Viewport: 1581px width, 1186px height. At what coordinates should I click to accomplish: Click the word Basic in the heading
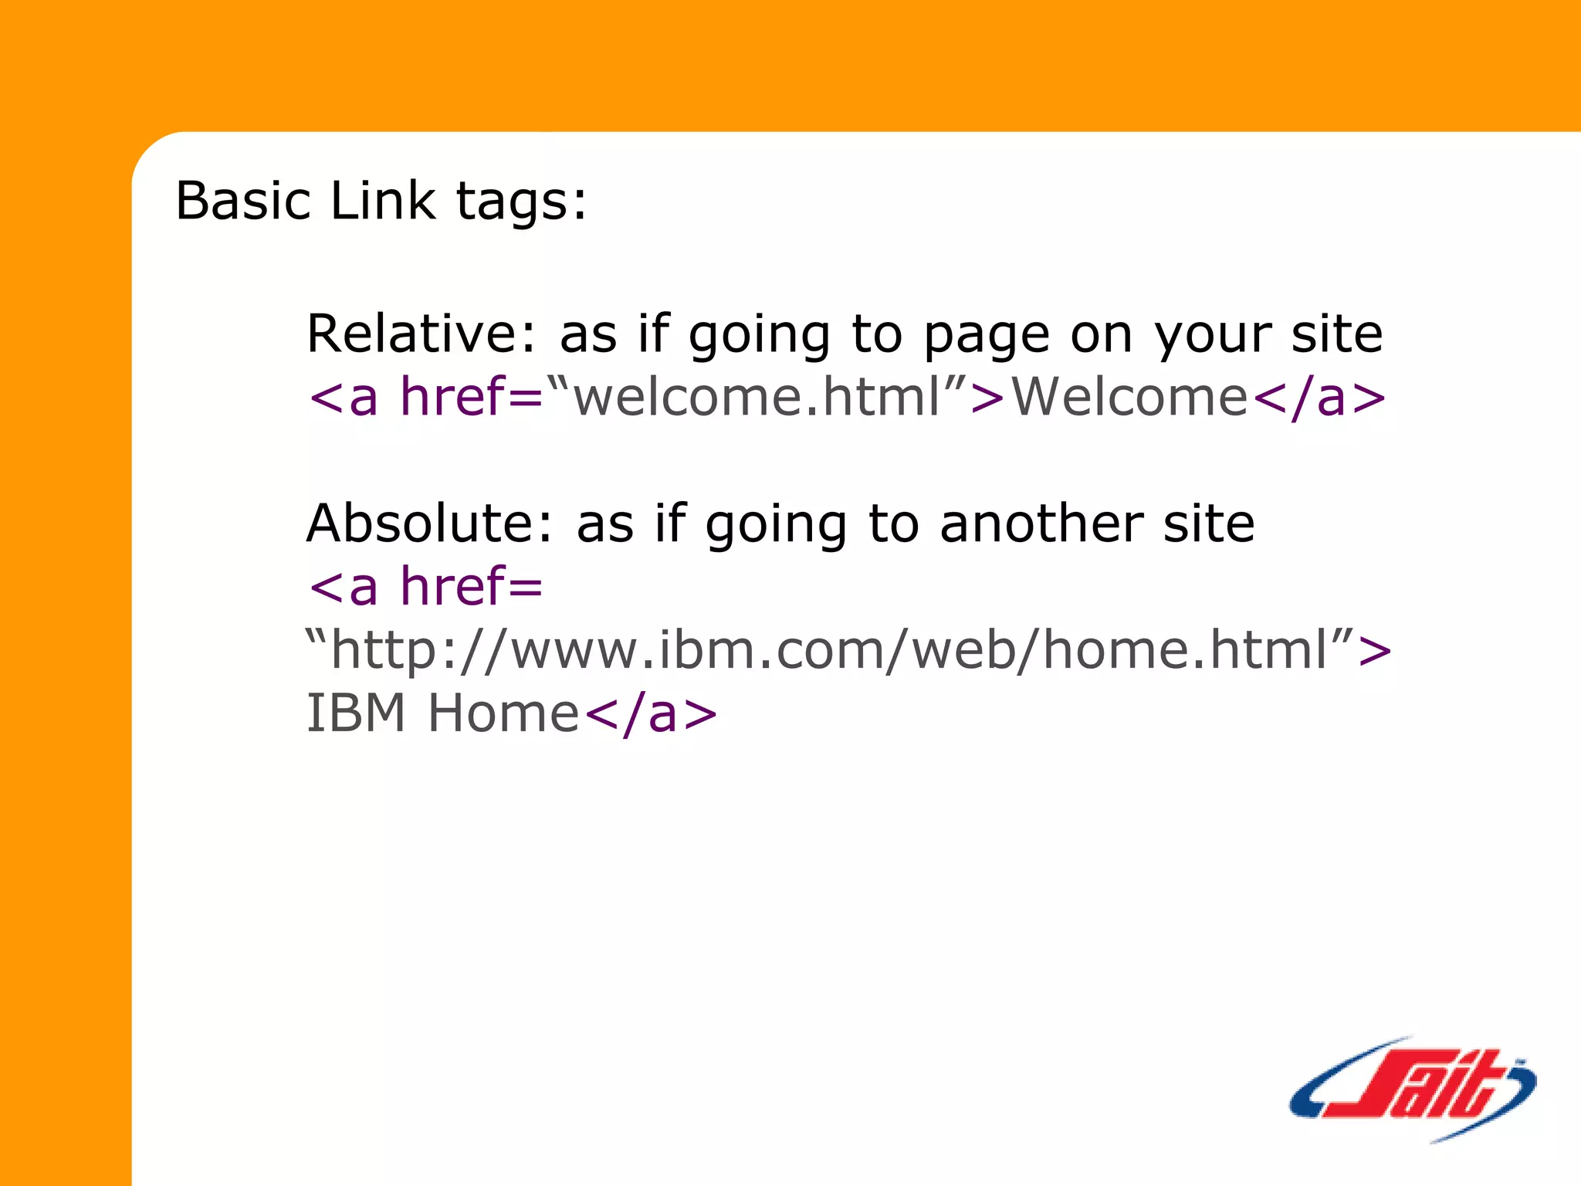(242, 201)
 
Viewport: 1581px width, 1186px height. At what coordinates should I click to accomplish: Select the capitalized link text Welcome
(1129, 397)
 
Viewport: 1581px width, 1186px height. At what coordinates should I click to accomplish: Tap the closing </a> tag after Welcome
(1319, 397)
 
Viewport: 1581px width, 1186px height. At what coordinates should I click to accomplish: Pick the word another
(1041, 524)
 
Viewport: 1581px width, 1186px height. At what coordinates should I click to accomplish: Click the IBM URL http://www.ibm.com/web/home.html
(829, 650)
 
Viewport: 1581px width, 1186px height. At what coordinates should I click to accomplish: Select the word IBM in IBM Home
(356, 713)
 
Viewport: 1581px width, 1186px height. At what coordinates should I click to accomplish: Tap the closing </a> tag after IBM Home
(651, 713)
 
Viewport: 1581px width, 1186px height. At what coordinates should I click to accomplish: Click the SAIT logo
(1412, 1089)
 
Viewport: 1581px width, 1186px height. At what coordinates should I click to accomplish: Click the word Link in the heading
(382, 201)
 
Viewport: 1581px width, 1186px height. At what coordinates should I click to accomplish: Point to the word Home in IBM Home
(503, 713)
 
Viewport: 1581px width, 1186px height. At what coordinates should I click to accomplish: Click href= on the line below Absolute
(471, 586)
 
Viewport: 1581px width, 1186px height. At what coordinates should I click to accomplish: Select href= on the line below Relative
(471, 397)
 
